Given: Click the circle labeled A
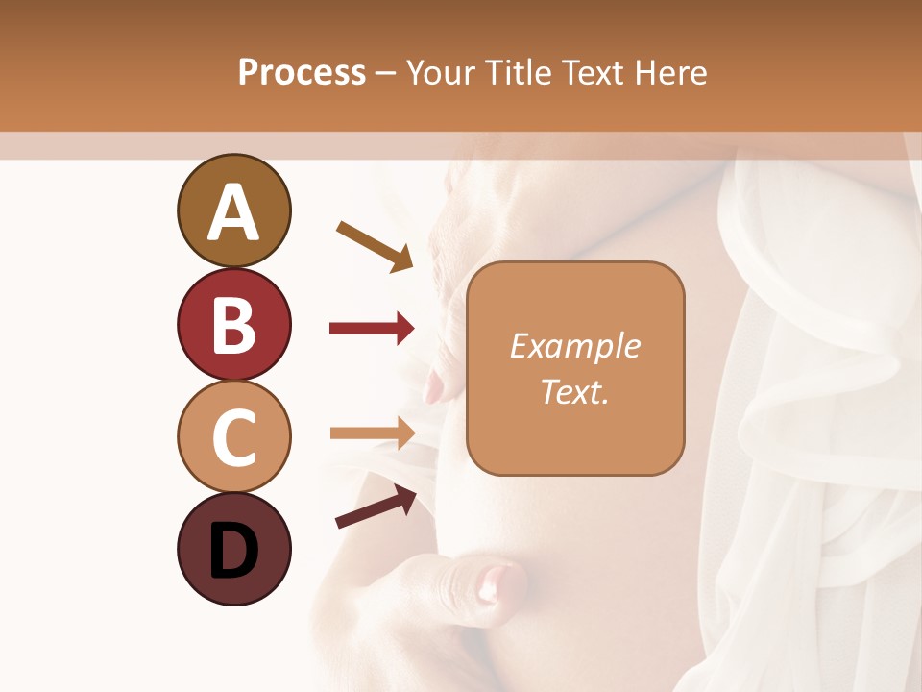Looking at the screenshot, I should click(x=233, y=210).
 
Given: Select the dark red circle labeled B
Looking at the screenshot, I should click(x=233, y=324).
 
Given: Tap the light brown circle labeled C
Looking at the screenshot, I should click(x=233, y=436).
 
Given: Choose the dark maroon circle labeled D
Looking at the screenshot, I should click(x=233, y=549).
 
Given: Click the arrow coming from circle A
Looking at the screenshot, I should click(x=375, y=246).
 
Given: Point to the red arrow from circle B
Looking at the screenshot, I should click(x=372, y=329).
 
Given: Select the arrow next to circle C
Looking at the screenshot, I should click(x=372, y=433).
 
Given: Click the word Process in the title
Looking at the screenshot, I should click(x=302, y=73).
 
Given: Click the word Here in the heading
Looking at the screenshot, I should click(x=671, y=73).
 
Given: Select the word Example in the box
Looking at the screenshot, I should click(x=574, y=346).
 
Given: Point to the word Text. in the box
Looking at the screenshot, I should click(x=574, y=391).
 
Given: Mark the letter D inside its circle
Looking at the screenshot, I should click(x=233, y=551).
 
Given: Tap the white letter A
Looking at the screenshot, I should click(x=233, y=212).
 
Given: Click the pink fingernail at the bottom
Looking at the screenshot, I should click(x=496, y=581).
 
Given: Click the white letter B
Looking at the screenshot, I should click(x=233, y=326).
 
